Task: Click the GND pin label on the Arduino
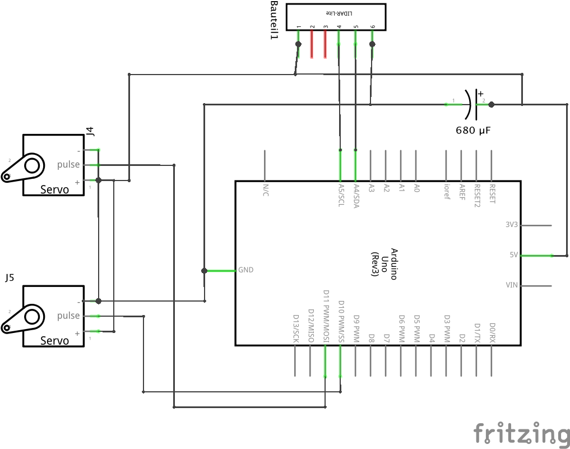coord(246,270)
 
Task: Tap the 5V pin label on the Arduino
coord(513,254)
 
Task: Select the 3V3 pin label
coord(512,225)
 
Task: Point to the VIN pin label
coord(512,285)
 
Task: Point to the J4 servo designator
coord(90,132)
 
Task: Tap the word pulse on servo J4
coord(68,165)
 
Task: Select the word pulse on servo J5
coord(68,316)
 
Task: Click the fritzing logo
coord(521,433)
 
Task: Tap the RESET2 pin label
coord(477,193)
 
